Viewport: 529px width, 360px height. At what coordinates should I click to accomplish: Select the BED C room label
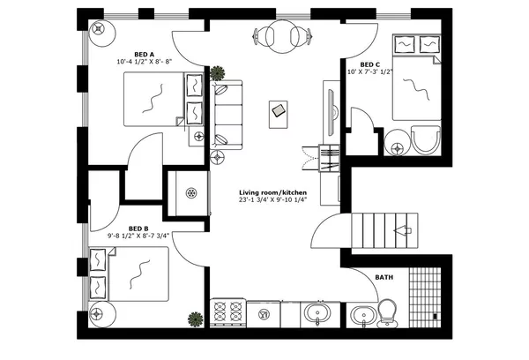(371, 64)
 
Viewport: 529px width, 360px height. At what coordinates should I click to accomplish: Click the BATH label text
(384, 277)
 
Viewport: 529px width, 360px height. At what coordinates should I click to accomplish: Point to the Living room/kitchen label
(271, 192)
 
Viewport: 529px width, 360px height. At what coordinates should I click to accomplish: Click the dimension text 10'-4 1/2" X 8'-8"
(148, 63)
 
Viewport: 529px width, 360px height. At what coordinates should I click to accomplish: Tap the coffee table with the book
(279, 110)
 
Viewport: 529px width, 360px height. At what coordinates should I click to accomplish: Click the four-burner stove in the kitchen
(227, 313)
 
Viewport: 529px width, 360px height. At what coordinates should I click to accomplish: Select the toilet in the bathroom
(386, 311)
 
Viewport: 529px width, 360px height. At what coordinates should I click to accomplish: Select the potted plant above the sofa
(217, 72)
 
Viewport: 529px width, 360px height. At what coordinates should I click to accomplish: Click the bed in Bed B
(130, 274)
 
